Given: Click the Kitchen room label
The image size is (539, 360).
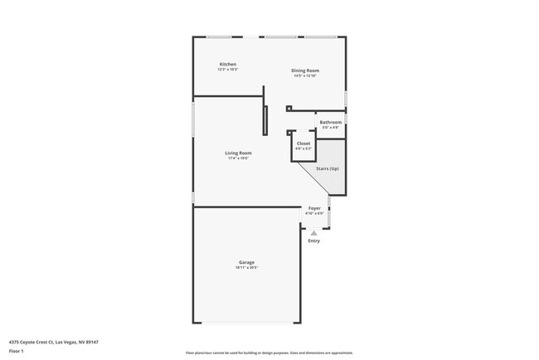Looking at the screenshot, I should coord(228,64).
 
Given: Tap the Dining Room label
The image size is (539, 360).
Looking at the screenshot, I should coord(304,71).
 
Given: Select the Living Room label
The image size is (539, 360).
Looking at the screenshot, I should coord(238,153).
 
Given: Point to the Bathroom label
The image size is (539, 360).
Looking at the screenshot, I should coord(330,122).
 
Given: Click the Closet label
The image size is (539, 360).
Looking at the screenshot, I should coord(303,144).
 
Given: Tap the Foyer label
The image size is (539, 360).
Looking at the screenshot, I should coord(314,207).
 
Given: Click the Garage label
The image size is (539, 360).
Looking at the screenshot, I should coord(247,262).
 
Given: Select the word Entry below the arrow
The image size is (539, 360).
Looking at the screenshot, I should coord(313,241).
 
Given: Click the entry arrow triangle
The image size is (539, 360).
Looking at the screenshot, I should coord(313,232).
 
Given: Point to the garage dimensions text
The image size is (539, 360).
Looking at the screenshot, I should coord(247,268).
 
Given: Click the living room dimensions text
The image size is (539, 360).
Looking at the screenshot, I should coord(238,158).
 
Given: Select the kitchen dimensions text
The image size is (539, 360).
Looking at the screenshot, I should coord(228,70).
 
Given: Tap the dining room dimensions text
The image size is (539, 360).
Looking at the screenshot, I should coord(304,76).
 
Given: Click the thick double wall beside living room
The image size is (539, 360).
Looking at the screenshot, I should coord(265,120).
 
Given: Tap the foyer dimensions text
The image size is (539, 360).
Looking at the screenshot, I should coord(314,213).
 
